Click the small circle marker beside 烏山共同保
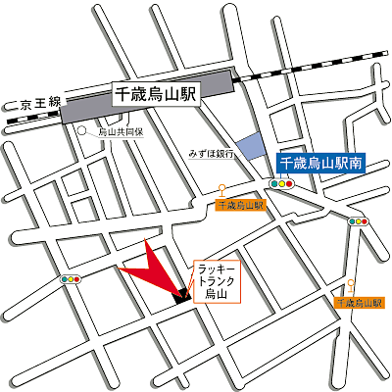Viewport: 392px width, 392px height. (x=83, y=130)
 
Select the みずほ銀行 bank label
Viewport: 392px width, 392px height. (x=212, y=154)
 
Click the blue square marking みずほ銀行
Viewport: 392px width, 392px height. (x=252, y=147)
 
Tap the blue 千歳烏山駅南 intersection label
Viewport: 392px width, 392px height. (x=321, y=165)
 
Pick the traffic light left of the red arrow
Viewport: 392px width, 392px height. (x=72, y=280)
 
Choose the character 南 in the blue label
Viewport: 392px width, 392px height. (x=358, y=165)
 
